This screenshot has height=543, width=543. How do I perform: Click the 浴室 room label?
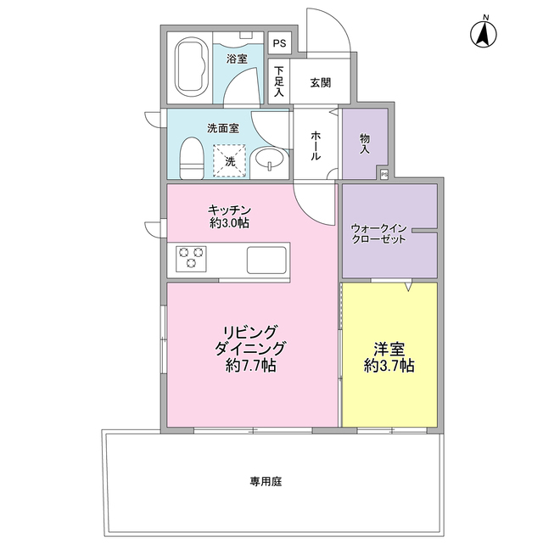(x=237, y=59)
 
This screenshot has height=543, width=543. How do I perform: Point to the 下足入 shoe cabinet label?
(x=278, y=82)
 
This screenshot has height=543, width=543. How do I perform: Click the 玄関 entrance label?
(x=320, y=82)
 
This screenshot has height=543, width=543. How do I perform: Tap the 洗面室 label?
(x=222, y=128)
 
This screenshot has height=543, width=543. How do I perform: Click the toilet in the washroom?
(x=192, y=160)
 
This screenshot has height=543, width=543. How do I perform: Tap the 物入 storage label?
(x=365, y=143)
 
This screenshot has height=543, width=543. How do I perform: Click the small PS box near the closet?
(x=384, y=174)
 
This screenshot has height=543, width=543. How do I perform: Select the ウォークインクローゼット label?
(x=378, y=233)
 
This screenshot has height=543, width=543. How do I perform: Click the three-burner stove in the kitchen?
(x=191, y=257)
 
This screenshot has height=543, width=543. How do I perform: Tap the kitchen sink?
(x=267, y=259)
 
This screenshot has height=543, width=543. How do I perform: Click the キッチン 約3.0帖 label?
(x=229, y=216)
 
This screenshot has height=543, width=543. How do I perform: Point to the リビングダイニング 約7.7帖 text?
(x=250, y=348)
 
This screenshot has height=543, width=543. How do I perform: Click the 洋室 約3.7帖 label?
(x=389, y=356)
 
